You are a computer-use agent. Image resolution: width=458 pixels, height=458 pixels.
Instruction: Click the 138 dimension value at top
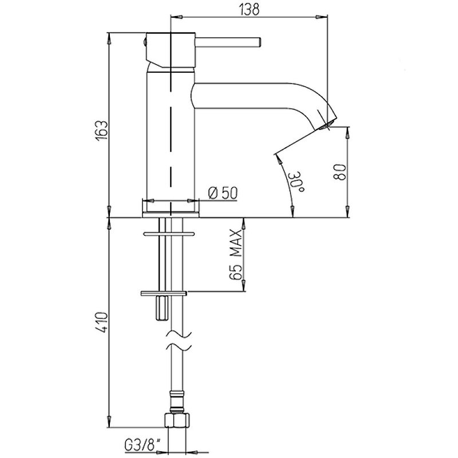pyautogui.click(x=249, y=9)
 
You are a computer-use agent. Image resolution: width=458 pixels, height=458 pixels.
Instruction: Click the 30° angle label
pyautogui.click(x=297, y=181)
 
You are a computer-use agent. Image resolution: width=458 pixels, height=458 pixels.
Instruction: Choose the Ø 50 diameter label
pyautogui.click(x=223, y=193)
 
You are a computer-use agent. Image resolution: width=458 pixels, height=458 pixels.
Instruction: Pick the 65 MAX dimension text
pyautogui.click(x=235, y=255)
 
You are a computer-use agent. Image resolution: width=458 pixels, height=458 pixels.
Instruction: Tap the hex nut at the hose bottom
pyautogui.click(x=177, y=420)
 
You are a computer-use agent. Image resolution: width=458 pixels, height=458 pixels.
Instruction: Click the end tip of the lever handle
pyautogui.click(x=259, y=42)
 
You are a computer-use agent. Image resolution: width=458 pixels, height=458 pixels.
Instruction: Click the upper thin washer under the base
pyautogui.click(x=168, y=234)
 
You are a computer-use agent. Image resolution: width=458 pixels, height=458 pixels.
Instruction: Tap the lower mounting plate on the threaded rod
pyautogui.click(x=163, y=293)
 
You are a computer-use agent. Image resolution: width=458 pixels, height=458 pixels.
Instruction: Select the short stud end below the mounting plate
pyautogui.click(x=161, y=309)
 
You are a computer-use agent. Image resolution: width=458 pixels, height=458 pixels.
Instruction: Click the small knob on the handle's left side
pyautogui.click(x=145, y=42)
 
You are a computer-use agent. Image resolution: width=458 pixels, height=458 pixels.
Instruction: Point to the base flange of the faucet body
pyautogui.click(x=171, y=214)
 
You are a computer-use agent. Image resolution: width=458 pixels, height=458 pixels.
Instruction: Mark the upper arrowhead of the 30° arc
pyautogui.click(x=278, y=159)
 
